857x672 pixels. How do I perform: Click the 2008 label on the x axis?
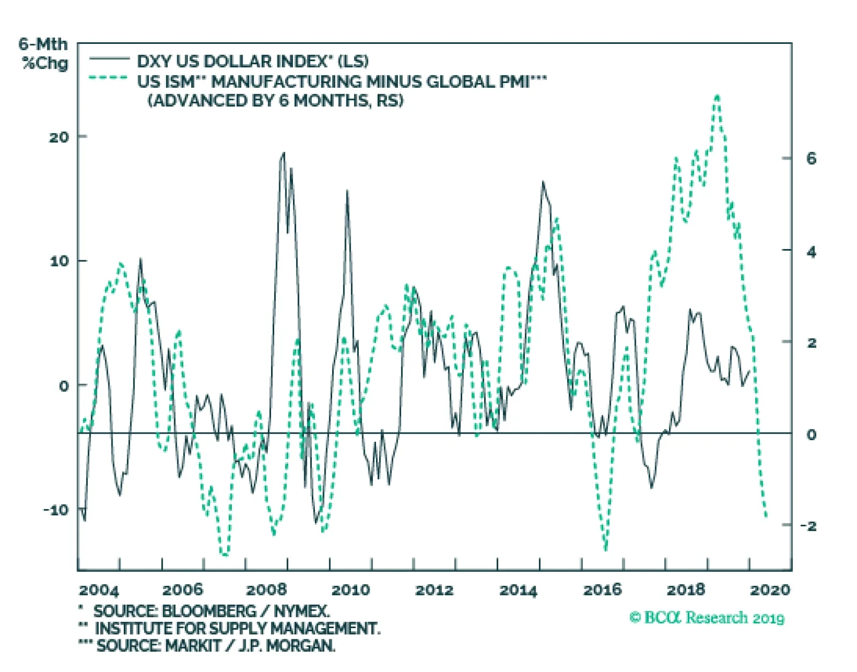pos(266,590)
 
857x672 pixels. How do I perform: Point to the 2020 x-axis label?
pos(770,590)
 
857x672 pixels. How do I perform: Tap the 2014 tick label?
pos(518,590)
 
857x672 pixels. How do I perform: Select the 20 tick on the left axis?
pos(59,137)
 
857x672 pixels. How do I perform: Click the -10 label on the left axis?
pos(56,510)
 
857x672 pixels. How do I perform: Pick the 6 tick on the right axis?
pos(811,158)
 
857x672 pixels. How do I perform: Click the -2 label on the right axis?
pos(809,526)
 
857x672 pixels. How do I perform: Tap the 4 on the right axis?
pos(811,251)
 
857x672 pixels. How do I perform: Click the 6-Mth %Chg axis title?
pos(44,54)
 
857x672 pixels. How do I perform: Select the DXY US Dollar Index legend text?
pos(252,61)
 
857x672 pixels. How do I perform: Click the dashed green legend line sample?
pos(109,78)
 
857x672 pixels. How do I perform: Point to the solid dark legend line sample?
pos(109,58)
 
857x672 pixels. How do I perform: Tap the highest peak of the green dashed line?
pos(717,96)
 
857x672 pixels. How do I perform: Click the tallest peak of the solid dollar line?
pos(283,153)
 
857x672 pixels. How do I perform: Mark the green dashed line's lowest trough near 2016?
pos(606,549)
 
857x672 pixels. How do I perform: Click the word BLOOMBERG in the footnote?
pos(209,611)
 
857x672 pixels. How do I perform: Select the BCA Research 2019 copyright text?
pos(707,618)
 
